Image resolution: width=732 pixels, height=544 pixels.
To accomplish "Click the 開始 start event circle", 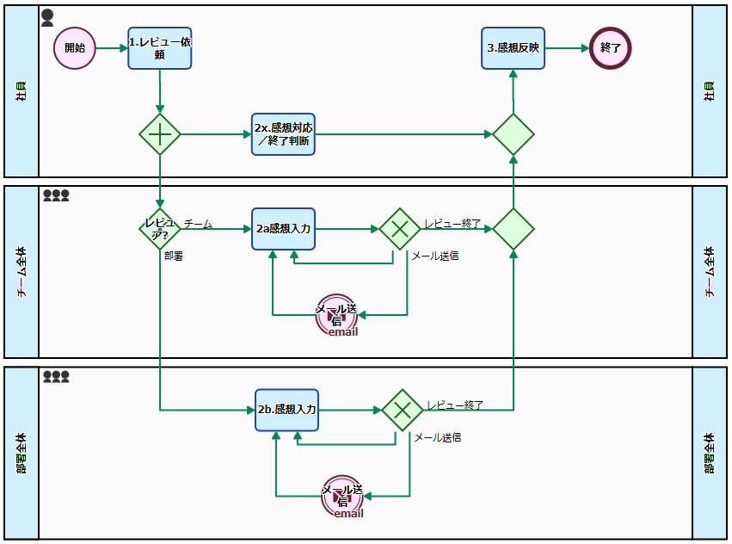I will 75,47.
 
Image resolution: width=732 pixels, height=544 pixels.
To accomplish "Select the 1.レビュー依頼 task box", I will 160,47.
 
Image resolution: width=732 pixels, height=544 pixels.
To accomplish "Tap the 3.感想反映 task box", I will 513,47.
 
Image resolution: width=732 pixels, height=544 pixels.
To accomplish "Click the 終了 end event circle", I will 611,47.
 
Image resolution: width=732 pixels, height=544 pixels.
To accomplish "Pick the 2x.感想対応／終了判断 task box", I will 283,134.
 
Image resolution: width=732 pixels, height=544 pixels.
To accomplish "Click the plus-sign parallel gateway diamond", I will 160,134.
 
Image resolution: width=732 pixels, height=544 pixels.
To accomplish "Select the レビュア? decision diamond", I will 160,229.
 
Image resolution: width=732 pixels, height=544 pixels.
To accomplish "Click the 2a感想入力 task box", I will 283,229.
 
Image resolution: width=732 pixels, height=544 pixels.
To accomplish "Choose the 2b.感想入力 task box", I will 286,410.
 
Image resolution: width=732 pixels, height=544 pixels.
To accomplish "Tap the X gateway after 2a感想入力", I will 400,229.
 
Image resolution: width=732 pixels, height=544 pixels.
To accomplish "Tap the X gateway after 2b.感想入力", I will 403,410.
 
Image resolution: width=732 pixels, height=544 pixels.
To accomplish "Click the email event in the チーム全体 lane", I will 336,315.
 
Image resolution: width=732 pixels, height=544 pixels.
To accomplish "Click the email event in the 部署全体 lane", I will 342,496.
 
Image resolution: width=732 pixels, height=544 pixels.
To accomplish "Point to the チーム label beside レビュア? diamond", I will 199,224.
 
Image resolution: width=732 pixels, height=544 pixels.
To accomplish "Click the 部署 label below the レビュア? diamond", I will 174,256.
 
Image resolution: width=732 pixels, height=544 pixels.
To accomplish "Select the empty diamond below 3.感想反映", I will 514,134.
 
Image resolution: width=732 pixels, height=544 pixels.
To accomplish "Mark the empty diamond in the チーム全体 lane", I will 514,229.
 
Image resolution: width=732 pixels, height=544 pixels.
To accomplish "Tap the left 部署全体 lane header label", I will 22,453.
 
